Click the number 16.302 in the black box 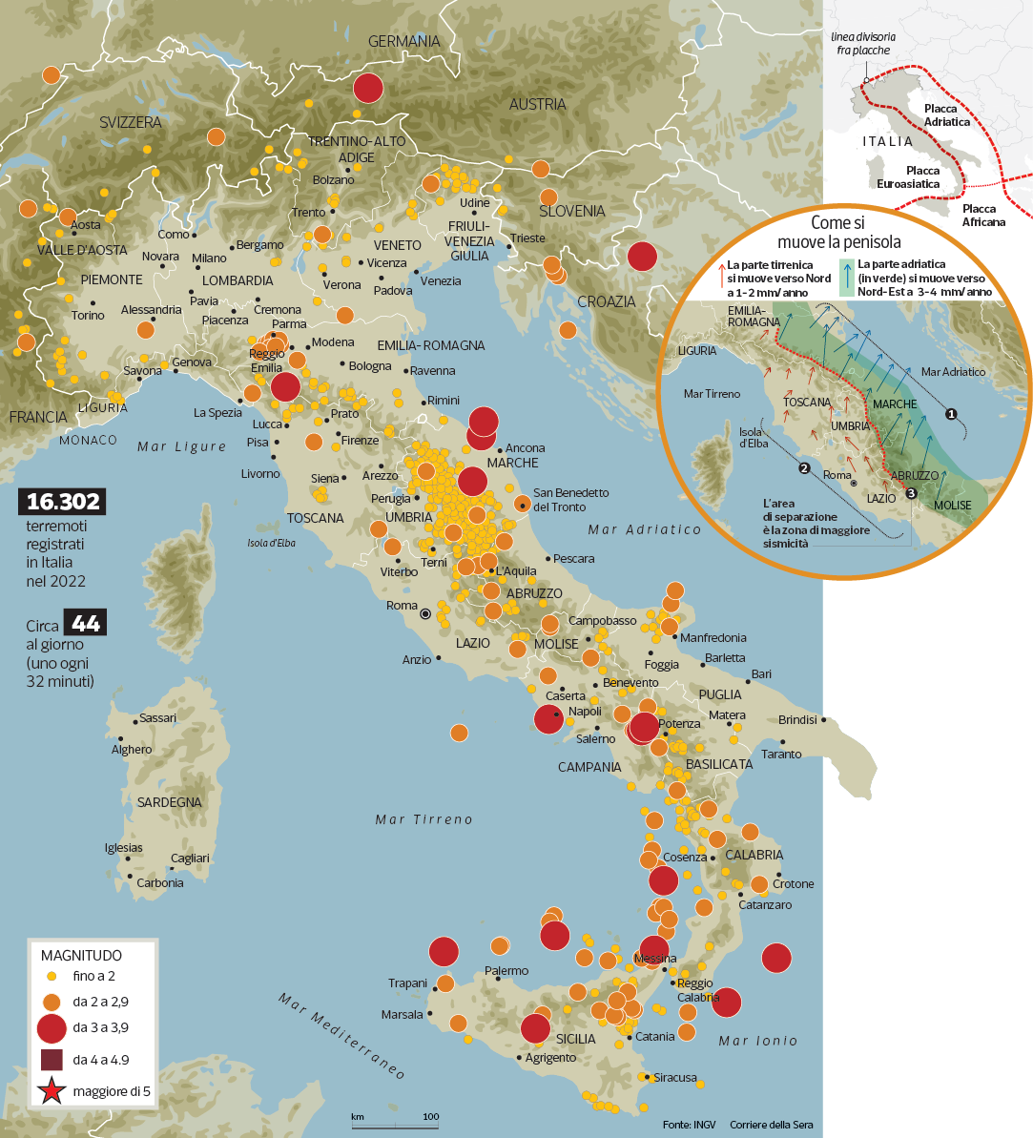[64, 503]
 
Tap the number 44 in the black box [85, 625]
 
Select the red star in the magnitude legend [52, 1091]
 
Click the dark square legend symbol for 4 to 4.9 [52, 1059]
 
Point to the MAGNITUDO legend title [81, 955]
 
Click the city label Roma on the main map [402, 606]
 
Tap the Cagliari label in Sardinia [190, 859]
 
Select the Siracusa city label [676, 1078]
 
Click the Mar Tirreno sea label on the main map [424, 819]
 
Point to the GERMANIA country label [404, 42]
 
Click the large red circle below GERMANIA [367, 88]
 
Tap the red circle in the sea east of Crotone [776, 957]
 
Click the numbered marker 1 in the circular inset [950, 414]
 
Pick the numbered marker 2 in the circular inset [804, 467]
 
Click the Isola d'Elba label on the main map [262, 545]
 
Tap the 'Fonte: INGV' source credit [689, 1125]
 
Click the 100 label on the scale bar [430, 1116]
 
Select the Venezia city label [441, 281]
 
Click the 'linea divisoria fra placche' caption [862, 43]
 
